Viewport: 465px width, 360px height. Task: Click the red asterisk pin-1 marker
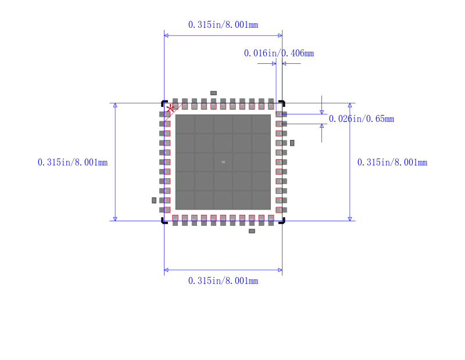(x=170, y=109)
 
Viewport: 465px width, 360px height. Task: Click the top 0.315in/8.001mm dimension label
(x=223, y=25)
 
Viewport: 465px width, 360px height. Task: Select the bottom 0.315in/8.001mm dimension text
(x=223, y=281)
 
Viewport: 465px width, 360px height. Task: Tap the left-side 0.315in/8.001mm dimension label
(x=73, y=163)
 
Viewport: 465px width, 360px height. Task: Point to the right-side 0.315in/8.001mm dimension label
(x=392, y=163)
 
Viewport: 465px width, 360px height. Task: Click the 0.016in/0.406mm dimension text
(x=278, y=53)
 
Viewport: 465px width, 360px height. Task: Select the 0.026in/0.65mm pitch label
(x=361, y=119)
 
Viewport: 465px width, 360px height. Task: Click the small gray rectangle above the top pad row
(x=213, y=93)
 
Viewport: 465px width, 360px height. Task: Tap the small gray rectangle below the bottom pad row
(x=252, y=231)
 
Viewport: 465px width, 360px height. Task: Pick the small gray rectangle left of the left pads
(x=154, y=200)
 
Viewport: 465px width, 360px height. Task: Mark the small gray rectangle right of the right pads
(x=292, y=143)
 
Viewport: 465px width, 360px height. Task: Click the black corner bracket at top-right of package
(x=282, y=103)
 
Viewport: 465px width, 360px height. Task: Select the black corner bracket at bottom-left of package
(x=164, y=221)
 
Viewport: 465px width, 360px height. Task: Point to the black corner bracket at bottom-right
(x=282, y=221)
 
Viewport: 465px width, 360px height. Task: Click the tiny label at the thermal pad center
(x=223, y=162)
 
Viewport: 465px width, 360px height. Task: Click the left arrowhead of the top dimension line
(x=166, y=35)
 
